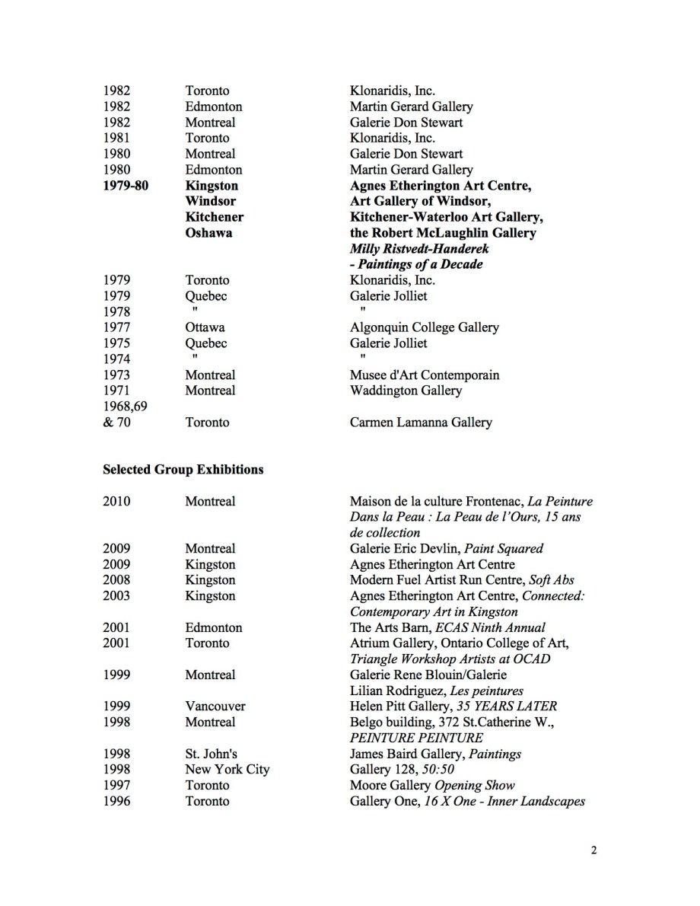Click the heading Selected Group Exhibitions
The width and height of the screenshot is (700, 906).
183,470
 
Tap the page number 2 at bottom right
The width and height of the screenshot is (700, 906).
593,851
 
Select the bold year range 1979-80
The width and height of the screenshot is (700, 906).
126,186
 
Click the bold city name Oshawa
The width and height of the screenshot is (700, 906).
208,233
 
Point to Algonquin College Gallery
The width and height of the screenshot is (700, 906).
424,327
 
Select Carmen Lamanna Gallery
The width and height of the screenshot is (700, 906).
420,422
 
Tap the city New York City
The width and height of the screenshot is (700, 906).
227,770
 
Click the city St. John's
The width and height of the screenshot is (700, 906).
210,754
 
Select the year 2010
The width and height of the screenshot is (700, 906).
116,501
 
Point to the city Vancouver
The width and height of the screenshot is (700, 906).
215,707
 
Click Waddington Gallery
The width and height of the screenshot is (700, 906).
406,391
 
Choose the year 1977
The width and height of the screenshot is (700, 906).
116,327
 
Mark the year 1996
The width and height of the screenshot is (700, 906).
116,801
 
